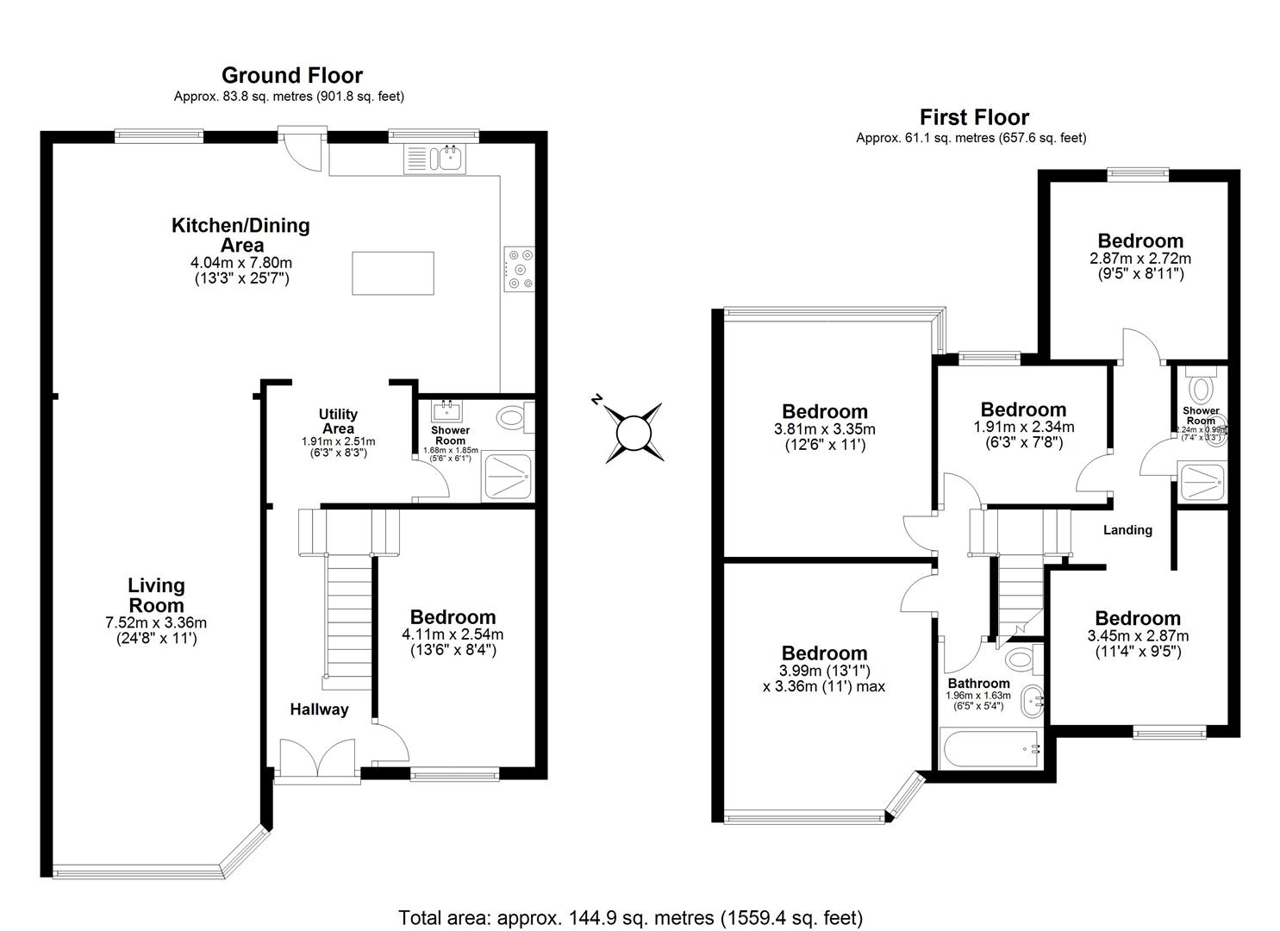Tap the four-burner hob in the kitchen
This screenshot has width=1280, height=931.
point(519,269)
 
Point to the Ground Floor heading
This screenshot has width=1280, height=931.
point(292,75)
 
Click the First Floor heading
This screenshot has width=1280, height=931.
point(974,116)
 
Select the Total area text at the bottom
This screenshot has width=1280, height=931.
point(630,917)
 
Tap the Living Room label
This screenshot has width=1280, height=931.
point(156,595)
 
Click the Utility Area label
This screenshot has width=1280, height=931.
point(338,422)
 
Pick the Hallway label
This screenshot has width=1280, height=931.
point(319,709)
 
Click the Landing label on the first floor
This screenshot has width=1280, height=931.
point(1127,530)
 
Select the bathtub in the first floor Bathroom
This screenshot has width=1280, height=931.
point(991,748)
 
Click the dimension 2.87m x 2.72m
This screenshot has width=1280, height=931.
point(1140,258)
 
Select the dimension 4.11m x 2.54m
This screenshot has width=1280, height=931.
point(453,634)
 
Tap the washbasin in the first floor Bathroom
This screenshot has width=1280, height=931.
point(1033,703)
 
